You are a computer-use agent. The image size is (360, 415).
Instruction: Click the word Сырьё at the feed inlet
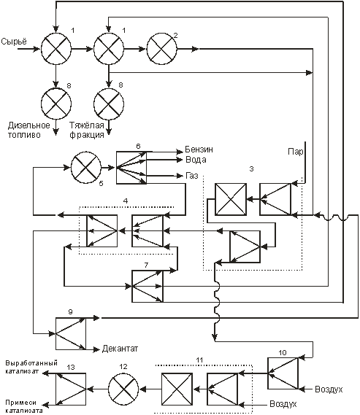coord(14,42)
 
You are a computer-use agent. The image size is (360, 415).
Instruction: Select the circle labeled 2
coord(162,49)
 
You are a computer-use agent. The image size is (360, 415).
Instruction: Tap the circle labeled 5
coord(86,168)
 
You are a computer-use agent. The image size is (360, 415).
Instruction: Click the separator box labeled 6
coord(131,168)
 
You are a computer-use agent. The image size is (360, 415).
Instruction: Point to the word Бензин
coord(199,150)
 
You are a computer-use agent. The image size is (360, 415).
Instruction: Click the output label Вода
coord(196,160)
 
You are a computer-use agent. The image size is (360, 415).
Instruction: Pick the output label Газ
coord(192,176)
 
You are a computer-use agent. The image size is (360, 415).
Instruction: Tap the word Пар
coord(295,152)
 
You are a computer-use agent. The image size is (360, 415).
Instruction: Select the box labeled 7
coord(148,286)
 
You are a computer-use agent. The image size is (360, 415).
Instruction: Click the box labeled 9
coord(71,333)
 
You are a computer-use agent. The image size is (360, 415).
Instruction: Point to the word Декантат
coord(120,349)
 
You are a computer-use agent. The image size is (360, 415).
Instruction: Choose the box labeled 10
coord(283,373)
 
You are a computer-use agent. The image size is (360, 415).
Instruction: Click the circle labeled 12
coord(123,389)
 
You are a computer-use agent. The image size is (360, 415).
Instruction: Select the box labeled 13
coord(71,389)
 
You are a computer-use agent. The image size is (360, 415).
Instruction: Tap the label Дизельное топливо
coord(28,130)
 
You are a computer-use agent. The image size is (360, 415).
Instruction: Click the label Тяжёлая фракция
coord(87,130)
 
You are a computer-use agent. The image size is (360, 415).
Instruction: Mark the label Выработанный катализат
coord(31,367)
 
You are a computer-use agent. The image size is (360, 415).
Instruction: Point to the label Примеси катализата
coord(24,406)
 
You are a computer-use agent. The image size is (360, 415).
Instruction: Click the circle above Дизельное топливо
coord(56,104)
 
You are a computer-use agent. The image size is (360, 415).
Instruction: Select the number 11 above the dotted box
coord(199,360)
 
